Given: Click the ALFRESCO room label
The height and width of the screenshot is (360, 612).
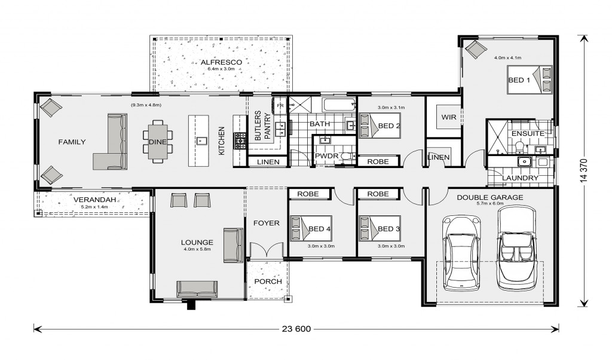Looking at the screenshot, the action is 221,62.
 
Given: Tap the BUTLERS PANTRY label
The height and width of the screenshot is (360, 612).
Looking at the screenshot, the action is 262,126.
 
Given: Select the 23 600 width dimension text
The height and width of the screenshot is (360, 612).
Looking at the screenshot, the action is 296,329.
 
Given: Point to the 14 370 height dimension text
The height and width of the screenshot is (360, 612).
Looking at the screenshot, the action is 583,170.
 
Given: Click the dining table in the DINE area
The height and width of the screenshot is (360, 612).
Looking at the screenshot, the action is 158,141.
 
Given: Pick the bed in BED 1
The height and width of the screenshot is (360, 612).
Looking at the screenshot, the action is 530,80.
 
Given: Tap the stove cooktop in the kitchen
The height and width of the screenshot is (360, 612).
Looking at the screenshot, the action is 240,141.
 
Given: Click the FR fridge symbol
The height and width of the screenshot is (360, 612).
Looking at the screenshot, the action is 280,106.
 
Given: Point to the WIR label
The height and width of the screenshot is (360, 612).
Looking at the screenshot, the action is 448,117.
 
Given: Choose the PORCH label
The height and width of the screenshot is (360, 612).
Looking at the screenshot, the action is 268,282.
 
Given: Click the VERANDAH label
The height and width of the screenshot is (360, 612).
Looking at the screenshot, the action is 95,200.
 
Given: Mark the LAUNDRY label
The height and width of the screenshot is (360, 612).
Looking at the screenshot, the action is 520,178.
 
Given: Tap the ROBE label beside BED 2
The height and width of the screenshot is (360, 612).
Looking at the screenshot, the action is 378,161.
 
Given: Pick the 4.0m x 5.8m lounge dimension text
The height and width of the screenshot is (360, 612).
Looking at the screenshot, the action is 197,249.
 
